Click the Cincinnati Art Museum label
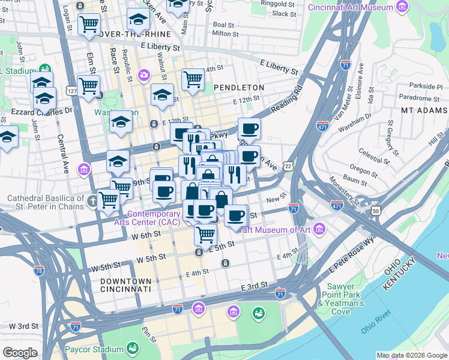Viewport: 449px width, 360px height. pos(351,7)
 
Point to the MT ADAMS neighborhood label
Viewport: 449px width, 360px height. pos(424,110)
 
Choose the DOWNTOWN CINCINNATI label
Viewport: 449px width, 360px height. pos(126,285)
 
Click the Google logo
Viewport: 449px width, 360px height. pos(20,353)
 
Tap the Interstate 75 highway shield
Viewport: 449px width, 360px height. pos(39,271)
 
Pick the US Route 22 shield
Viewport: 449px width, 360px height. pos(289,166)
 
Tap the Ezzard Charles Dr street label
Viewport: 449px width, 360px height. pos(37,111)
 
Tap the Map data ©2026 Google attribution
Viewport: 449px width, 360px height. pos(412,355)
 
